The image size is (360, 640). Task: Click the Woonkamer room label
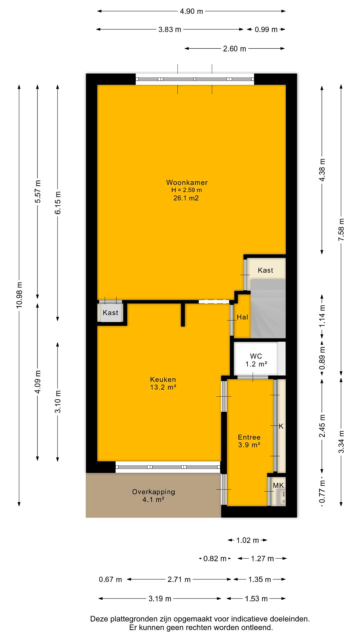tap(187, 182)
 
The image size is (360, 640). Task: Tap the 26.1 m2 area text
tap(187, 198)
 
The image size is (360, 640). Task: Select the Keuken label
tap(163, 379)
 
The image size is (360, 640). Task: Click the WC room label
tap(256, 356)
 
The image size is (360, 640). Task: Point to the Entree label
tap(249, 437)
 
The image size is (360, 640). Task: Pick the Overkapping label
tap(153, 492)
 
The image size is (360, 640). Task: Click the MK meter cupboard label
tap(278, 485)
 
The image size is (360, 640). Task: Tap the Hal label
tap(242, 317)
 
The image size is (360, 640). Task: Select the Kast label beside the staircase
tap(265, 270)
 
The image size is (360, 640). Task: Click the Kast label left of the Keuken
tap(110, 313)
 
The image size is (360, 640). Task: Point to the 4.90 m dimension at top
tap(191, 11)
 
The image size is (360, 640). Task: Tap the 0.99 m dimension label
tap(266, 29)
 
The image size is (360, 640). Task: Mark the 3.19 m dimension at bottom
tap(160, 599)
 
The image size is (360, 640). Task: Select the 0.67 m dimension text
tap(110, 580)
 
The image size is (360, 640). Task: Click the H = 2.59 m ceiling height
tap(187, 190)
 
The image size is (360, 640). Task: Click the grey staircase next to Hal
tap(268, 309)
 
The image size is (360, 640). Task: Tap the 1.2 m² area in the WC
tap(256, 364)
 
